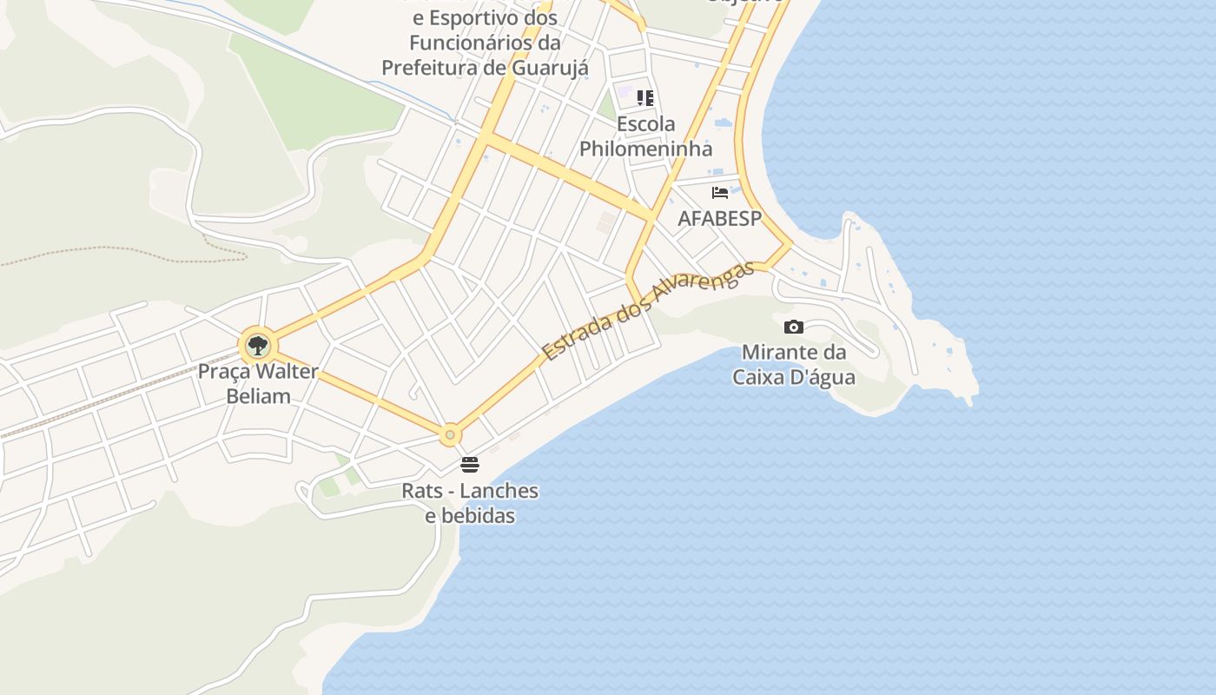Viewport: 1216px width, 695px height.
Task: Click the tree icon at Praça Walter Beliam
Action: (257, 346)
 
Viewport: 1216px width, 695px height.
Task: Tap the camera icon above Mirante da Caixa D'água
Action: (793, 328)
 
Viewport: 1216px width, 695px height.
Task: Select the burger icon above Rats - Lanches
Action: (470, 465)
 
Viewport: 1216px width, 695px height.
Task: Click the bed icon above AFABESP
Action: (719, 193)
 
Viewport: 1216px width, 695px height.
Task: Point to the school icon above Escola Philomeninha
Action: (645, 98)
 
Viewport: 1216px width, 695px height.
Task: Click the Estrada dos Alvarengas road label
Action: (647, 309)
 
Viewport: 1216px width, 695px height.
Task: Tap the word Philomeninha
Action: (645, 149)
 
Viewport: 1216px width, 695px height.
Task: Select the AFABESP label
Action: (719, 218)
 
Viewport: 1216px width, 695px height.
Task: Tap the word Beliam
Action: (258, 396)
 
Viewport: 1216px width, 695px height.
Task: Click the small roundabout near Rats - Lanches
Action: (450, 434)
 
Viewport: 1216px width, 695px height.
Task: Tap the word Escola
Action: (645, 123)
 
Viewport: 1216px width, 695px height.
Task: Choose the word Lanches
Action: (499, 491)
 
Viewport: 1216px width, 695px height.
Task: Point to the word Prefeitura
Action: (431, 67)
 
